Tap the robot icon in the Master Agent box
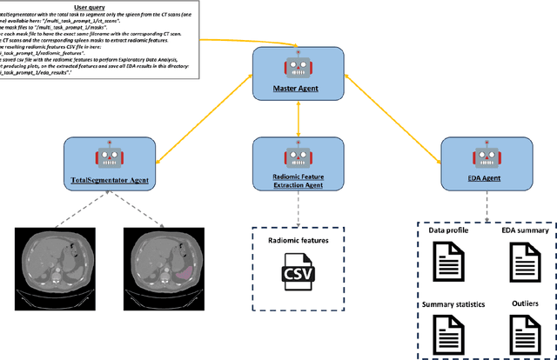(x=299, y=66)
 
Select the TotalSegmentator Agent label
(x=110, y=180)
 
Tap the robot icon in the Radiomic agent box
(x=299, y=157)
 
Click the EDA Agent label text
(x=486, y=177)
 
